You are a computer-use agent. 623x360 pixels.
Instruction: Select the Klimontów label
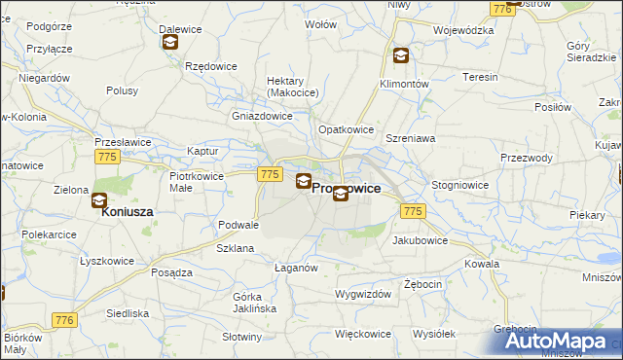pyautogui.click(x=404, y=85)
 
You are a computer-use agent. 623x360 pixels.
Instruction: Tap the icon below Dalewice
pyautogui.click(x=170, y=42)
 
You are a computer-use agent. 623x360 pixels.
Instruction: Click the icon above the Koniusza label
pyautogui.click(x=99, y=200)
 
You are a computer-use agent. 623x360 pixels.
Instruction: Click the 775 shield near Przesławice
pyautogui.click(x=107, y=156)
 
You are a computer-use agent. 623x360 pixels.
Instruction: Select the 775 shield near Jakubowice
pyautogui.click(x=413, y=211)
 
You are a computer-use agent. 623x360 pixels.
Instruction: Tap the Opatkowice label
pyautogui.click(x=346, y=129)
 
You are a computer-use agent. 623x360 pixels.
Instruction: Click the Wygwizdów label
pyautogui.click(x=362, y=294)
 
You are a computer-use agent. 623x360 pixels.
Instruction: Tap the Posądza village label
pyautogui.click(x=171, y=273)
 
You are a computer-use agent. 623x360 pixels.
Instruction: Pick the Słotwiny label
pyautogui.click(x=241, y=337)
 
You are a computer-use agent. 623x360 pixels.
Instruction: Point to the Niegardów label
pyautogui.click(x=44, y=78)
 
